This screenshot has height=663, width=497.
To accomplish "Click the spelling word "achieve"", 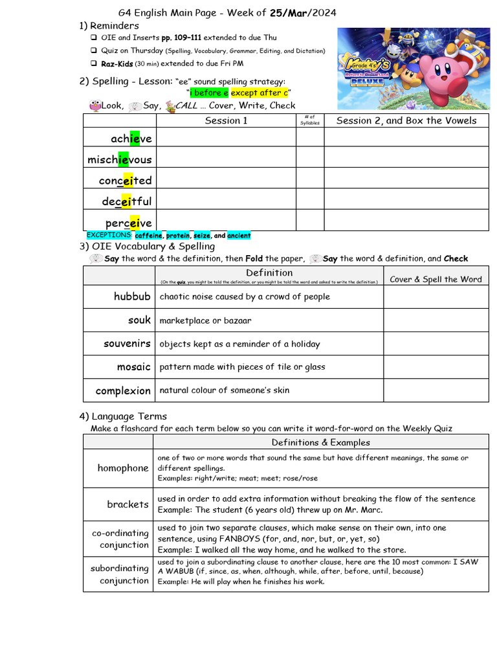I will click(x=131, y=139).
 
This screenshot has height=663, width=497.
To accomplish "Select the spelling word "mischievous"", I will click(x=120, y=159).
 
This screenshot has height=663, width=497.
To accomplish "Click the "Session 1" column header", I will click(x=226, y=120).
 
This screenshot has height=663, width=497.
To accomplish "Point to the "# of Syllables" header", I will click(x=310, y=120).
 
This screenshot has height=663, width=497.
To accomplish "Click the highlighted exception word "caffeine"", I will click(x=148, y=236).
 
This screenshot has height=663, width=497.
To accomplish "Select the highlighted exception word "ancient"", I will click(x=239, y=236).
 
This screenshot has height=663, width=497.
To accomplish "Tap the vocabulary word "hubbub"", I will click(x=132, y=297).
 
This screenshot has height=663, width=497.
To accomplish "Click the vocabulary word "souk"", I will click(x=139, y=320).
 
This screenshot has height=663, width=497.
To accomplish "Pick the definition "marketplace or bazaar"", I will click(x=205, y=320).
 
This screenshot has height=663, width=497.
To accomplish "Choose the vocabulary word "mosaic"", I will click(x=133, y=367).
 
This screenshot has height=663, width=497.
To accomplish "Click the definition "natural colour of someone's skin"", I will click(x=224, y=390).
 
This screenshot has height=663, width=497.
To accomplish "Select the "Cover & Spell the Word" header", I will click(x=436, y=279).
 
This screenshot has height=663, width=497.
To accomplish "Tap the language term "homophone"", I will click(x=123, y=468).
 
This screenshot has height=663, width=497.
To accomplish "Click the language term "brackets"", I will click(x=127, y=504).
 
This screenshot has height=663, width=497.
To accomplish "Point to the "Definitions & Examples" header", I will click(x=320, y=442).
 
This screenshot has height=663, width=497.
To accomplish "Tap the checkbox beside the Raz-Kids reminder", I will click(x=94, y=63).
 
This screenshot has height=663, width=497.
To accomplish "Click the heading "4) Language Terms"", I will click(x=123, y=416).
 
